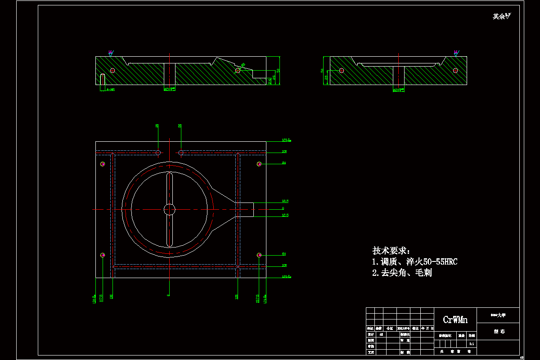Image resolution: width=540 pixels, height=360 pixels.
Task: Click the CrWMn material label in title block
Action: (455, 320)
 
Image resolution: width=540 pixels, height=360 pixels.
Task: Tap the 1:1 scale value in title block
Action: (471, 344)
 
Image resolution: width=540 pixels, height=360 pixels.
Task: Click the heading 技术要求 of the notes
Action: (391, 251)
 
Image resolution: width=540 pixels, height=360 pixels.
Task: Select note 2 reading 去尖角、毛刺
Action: (402, 273)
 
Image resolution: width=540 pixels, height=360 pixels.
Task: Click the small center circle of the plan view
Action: (169, 209)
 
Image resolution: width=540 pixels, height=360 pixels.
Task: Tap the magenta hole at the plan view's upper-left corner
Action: (103, 164)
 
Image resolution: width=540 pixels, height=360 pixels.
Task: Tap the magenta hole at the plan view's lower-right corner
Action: (259, 255)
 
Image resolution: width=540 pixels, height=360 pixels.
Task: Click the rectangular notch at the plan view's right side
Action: (245, 209)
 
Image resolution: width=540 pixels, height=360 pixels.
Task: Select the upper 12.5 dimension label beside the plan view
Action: (285, 201)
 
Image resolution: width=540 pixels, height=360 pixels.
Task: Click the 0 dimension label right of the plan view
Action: (283, 208)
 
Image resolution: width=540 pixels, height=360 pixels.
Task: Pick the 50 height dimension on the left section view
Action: (278, 70)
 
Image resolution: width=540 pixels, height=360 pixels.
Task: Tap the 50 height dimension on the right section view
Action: (322, 70)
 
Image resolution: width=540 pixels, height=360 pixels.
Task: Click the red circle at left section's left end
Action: (112, 70)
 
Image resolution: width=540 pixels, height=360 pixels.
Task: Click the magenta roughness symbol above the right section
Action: (455, 53)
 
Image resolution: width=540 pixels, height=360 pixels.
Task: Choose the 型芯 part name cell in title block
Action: (499, 331)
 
